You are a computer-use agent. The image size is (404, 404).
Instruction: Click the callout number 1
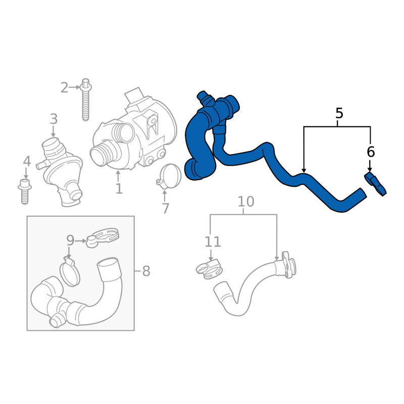[x=119, y=189]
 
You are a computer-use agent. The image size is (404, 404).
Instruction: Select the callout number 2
[x=65, y=87]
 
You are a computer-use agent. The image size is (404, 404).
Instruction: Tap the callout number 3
[x=54, y=119]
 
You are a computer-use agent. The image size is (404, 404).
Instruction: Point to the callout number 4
[x=27, y=161]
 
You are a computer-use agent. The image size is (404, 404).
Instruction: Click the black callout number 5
[x=339, y=113]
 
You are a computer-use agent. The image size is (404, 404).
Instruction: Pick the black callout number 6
[x=371, y=152]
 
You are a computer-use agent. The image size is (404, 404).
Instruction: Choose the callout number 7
[x=166, y=208]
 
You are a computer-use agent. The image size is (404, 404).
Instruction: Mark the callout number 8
[x=146, y=271]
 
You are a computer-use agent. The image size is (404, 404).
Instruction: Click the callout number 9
[x=70, y=240]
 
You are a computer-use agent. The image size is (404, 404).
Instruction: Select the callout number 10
[x=246, y=201]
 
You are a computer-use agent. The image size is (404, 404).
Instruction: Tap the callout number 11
[x=213, y=242]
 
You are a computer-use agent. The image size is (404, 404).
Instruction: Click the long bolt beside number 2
[x=86, y=99]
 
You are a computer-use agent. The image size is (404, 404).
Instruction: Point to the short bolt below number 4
[x=25, y=191]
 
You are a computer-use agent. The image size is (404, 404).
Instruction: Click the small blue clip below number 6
[x=375, y=184]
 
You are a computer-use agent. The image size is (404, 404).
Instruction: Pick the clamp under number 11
[x=209, y=269]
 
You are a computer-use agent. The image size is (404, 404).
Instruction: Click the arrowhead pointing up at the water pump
[x=118, y=172]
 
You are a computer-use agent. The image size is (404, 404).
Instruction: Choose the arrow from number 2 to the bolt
[x=75, y=87]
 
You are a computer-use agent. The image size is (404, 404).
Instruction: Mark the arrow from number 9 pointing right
[x=81, y=241]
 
